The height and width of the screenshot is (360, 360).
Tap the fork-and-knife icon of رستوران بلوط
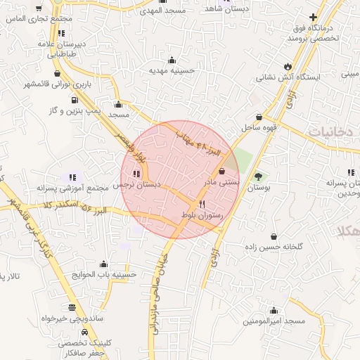tap(202, 203)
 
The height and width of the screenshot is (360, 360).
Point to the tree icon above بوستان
tap(259, 177)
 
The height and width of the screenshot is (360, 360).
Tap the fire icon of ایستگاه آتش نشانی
tap(288, 66)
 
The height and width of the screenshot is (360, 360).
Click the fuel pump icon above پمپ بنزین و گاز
tap(74, 100)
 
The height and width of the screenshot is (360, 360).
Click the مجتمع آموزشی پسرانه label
tap(72, 188)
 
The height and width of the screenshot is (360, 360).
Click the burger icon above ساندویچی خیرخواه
tap(73, 307)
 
